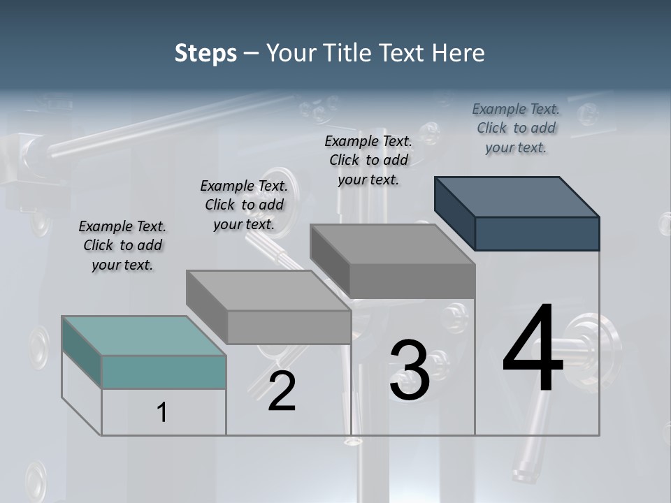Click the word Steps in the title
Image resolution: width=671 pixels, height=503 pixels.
pos(205,53)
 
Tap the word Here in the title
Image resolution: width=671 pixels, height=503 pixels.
pos(459,53)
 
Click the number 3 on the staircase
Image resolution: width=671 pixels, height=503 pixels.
pos(409,370)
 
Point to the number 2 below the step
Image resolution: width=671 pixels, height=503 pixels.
pos(282,391)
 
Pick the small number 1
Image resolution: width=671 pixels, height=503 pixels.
pos(162,412)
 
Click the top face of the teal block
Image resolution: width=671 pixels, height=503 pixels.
pos(143,335)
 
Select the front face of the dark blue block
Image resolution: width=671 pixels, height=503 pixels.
pos(537,233)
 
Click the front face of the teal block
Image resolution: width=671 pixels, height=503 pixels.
pos(164,372)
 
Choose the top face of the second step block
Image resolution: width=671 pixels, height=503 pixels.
pos(268,290)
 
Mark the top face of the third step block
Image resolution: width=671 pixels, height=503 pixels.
pos(392,244)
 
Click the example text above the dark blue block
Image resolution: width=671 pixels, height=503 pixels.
pos(516,129)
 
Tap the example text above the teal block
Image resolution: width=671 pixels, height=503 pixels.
pos(122,246)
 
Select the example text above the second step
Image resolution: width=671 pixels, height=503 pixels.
pos(244,205)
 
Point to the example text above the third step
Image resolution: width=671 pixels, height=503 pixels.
pos(368,160)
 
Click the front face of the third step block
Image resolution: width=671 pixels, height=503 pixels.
pos(412,281)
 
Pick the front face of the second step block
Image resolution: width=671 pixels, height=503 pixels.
pos(289,327)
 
